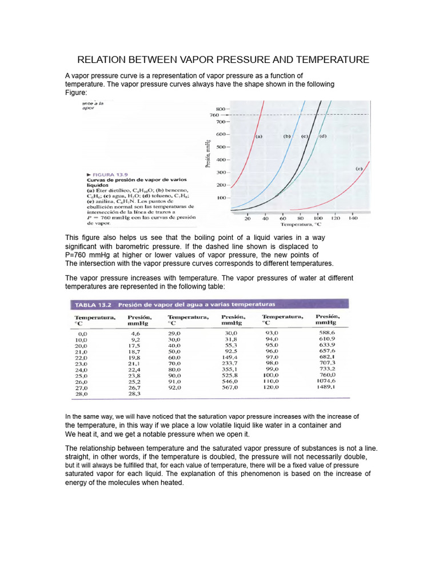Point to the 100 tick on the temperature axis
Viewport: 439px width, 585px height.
318,218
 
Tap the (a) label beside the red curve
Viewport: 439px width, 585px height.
258,137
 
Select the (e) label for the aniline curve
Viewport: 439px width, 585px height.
359,169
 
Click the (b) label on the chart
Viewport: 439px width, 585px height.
287,137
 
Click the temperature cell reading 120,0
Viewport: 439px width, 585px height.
271,387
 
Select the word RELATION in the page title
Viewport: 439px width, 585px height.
102,60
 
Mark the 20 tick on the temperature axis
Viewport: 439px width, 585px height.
248,218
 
